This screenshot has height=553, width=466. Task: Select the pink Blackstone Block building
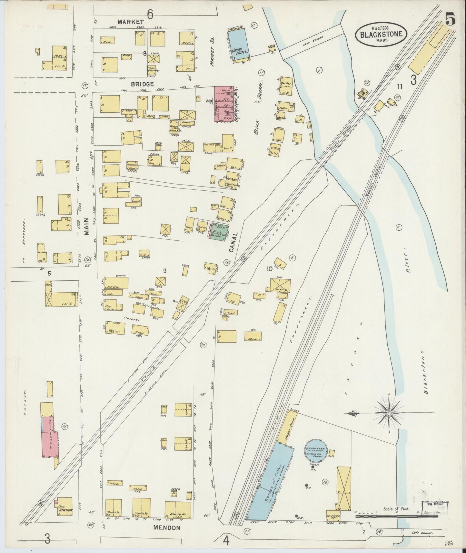223,104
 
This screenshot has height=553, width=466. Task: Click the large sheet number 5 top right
450,20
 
